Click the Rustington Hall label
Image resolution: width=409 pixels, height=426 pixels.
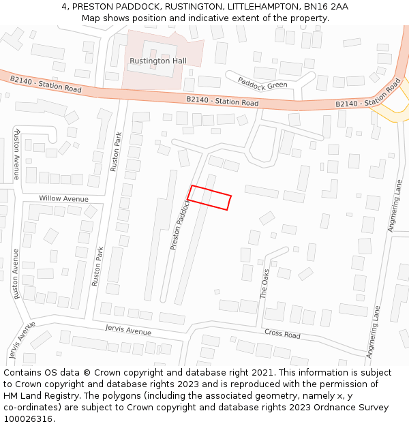pos(157,61)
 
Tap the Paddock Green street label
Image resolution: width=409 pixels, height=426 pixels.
pos(262,82)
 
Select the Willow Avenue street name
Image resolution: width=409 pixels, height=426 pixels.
pos(63,198)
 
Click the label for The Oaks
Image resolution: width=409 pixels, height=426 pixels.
pos(265,282)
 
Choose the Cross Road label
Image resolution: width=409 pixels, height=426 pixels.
pos(282,334)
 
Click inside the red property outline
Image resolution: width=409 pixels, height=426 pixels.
pos(209,198)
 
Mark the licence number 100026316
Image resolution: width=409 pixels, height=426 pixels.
pos(28,419)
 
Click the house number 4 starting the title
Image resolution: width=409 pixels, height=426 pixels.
pos(64,6)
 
